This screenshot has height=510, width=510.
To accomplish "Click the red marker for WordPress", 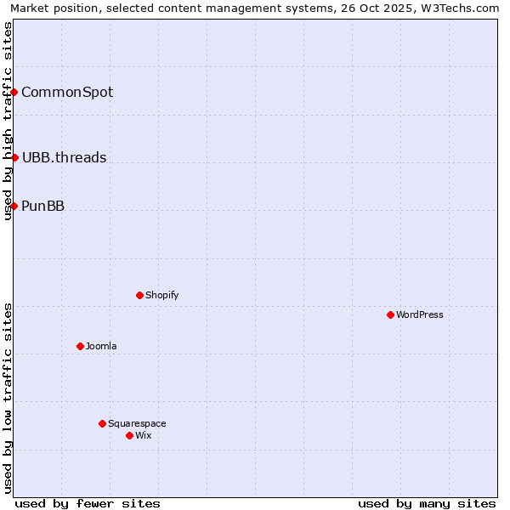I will click(390, 314).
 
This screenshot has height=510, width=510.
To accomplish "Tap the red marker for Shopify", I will click(139, 295).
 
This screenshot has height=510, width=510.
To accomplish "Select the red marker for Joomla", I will click(80, 346).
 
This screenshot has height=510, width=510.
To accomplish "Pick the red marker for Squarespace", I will click(102, 423).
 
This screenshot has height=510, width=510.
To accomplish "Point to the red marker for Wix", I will click(129, 435).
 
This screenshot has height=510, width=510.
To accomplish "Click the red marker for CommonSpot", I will click(14, 92).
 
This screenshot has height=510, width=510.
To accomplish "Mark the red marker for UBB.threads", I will click(14, 157).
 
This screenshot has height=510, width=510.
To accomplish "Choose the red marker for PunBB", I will click(14, 206).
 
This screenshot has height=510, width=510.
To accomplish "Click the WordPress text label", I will click(420, 315).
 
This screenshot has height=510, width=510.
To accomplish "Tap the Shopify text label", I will click(161, 296).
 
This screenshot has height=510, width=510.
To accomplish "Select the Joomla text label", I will click(101, 347).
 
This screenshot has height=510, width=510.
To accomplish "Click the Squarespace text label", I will click(137, 424).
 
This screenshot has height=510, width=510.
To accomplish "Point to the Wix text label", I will click(144, 436).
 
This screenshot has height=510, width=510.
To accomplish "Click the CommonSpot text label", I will click(67, 93).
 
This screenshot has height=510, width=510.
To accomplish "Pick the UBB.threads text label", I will click(64, 158).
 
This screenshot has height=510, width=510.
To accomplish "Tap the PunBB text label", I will click(42, 207).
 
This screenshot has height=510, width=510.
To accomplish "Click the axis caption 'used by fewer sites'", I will click(88, 503).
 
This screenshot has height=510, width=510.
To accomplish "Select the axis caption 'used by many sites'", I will click(427, 503).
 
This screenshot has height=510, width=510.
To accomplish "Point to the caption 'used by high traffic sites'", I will click(8, 122).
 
